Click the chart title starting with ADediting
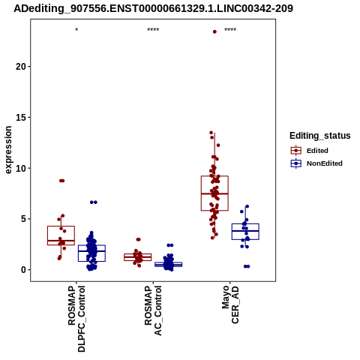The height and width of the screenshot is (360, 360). [x=153, y=8]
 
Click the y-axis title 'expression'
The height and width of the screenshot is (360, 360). [x=8, y=150]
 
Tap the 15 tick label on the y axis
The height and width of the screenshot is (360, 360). [x=21, y=118]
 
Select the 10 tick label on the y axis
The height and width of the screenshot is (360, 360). [x=21, y=168]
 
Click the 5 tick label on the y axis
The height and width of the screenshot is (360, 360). [x=24, y=219]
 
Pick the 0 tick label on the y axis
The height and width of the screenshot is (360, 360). [x=24, y=270]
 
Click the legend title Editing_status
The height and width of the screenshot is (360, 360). [x=320, y=136]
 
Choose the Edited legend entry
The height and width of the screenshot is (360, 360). [x=309, y=151]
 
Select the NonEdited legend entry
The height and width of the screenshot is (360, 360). [x=316, y=163]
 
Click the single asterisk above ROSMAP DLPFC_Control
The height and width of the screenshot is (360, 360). [x=76, y=30]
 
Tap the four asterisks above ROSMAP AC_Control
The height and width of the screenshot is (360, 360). [x=153, y=30]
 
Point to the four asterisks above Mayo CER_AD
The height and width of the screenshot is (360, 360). [x=230, y=30]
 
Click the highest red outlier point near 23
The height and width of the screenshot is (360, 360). [x=214, y=31]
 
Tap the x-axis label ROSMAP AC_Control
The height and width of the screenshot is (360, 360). [x=153, y=310]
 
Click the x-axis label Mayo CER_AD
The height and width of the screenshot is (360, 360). [x=230, y=304]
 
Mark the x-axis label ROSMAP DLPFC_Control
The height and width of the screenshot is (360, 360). [x=76, y=319]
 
